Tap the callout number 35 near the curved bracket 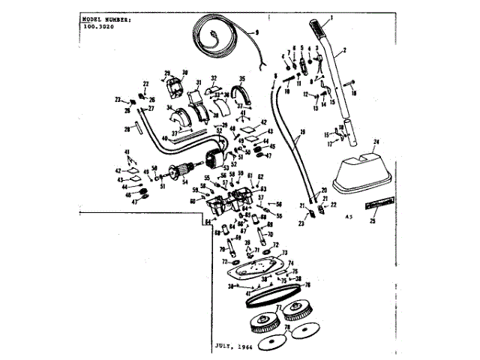[242, 78]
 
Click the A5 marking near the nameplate [348, 216]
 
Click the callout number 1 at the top [332, 16]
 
